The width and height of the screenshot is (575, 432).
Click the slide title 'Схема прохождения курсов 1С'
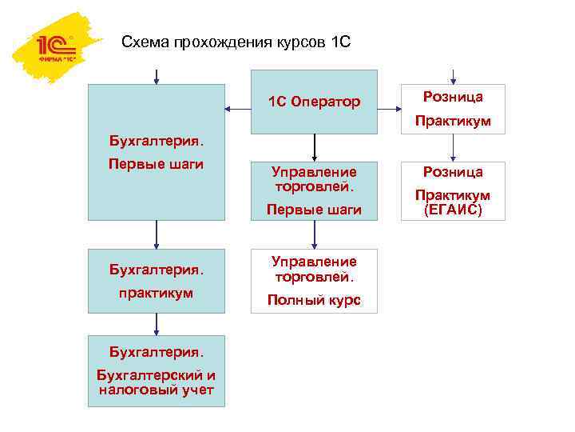236,42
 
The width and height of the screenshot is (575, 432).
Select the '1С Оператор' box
314,102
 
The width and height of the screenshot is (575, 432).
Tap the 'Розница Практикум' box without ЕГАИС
452,108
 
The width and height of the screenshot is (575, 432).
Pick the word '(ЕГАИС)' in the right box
452,210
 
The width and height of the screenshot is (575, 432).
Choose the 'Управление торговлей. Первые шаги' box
314,190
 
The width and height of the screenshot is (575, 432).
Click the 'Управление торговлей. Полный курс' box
314,280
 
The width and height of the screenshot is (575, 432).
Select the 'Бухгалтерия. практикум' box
157,280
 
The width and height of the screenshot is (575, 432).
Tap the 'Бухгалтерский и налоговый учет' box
157,370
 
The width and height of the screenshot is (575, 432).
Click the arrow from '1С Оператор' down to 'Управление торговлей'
315,146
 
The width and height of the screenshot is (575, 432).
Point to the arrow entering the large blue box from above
157,75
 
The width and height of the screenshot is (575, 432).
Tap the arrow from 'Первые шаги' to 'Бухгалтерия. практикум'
157,234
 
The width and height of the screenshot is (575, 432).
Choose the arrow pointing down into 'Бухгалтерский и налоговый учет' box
157,323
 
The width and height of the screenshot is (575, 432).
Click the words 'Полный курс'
314,301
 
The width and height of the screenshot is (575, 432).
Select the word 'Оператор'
326,102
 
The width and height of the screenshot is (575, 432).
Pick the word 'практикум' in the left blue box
157,293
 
